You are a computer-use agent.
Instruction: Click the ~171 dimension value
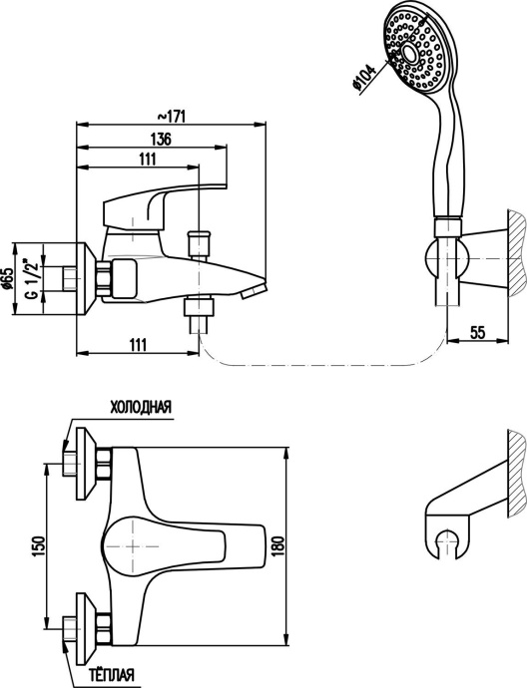[x=172, y=117]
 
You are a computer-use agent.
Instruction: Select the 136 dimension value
[x=161, y=139]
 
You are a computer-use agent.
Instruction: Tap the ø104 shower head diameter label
[x=364, y=78]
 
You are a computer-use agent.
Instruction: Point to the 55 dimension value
[x=478, y=333]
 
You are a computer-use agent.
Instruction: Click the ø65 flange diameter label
[x=22, y=278]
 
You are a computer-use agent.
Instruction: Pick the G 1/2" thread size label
[x=33, y=279]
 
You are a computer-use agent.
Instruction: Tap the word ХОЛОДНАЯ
[x=140, y=408]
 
